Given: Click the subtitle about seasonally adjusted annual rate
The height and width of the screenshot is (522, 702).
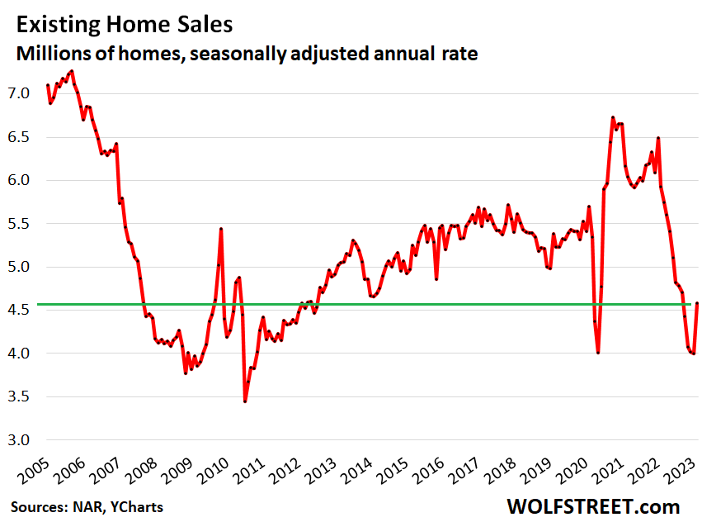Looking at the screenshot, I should click(245, 55).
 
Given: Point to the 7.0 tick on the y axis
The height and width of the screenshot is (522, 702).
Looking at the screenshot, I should click(19, 93).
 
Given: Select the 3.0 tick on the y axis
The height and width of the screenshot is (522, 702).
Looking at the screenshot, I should click(19, 439).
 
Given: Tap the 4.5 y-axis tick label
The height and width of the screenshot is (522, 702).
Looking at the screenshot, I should click(19, 310).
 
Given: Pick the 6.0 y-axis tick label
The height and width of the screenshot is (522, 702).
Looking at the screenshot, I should click(19, 180).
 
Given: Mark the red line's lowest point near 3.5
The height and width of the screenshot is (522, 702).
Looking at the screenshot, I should click(245, 401).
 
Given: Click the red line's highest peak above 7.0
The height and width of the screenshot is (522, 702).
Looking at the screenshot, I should click(73, 70).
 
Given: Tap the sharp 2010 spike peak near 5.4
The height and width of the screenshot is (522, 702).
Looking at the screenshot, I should click(221, 229).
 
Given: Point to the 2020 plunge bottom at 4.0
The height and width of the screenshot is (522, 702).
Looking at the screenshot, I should click(598, 353).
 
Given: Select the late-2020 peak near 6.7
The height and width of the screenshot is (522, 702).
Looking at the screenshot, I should click(613, 117).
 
